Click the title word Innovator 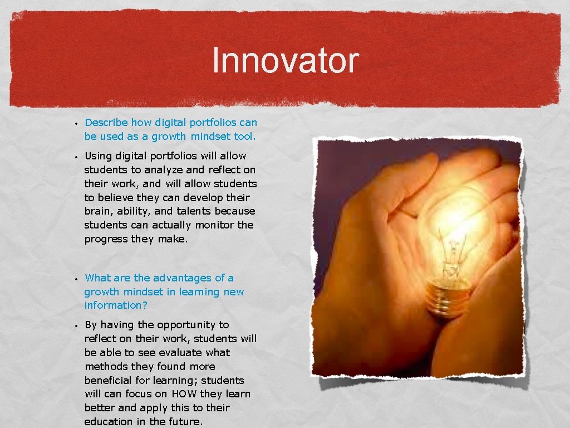point(285,61)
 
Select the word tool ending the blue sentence point(244,137)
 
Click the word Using point(99,156)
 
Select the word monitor point(214,225)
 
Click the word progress point(106,239)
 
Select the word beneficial point(109,381)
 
